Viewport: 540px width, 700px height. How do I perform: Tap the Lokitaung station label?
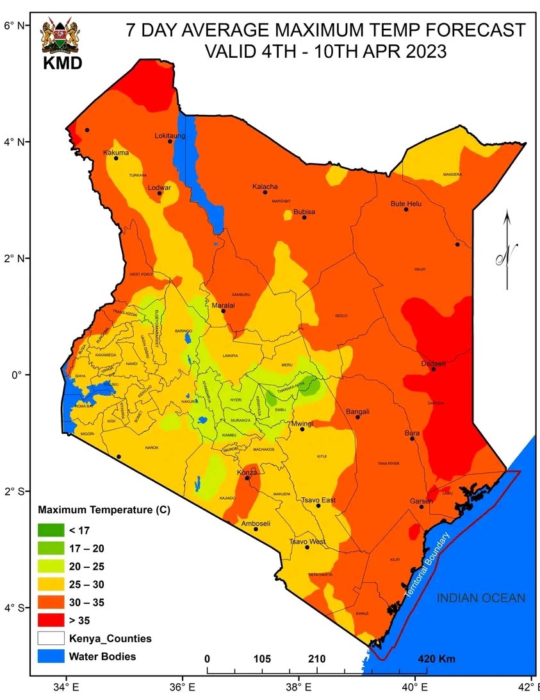170,135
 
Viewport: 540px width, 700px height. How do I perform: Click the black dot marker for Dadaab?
434,369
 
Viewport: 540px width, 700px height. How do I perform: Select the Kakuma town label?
116,153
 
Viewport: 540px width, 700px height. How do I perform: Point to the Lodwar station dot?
160,193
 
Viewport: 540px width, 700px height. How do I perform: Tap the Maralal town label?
224,305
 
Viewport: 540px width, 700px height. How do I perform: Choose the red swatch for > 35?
51,620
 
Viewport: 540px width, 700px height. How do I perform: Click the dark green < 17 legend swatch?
51,530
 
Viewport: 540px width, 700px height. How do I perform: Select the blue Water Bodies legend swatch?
51,656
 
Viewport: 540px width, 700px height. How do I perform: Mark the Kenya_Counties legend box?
51,638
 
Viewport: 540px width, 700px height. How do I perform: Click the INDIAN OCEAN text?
480,598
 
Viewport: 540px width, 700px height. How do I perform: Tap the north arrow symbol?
507,257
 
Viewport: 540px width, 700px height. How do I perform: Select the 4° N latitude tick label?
13,141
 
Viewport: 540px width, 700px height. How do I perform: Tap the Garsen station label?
421,501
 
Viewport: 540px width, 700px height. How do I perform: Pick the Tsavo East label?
318,500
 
